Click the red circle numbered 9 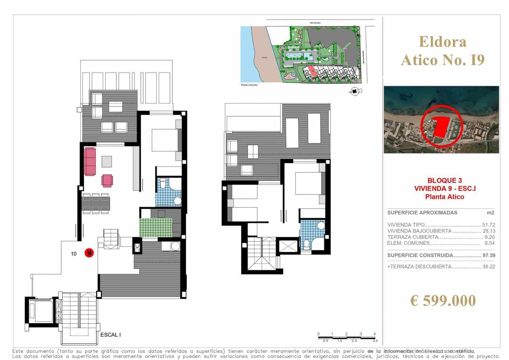(89, 253)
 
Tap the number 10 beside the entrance (74, 253)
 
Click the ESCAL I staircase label (111, 335)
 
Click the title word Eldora (442, 41)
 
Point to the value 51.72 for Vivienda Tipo (488, 225)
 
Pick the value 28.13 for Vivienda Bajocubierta (488, 231)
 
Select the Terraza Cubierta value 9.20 (489, 237)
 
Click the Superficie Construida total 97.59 (488, 255)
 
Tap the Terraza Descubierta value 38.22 (488, 267)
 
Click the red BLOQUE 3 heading (440, 181)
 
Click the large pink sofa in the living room (90, 161)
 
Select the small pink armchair (107, 181)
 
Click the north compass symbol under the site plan (355, 91)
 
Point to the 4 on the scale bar (375, 334)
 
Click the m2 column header (491, 213)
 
